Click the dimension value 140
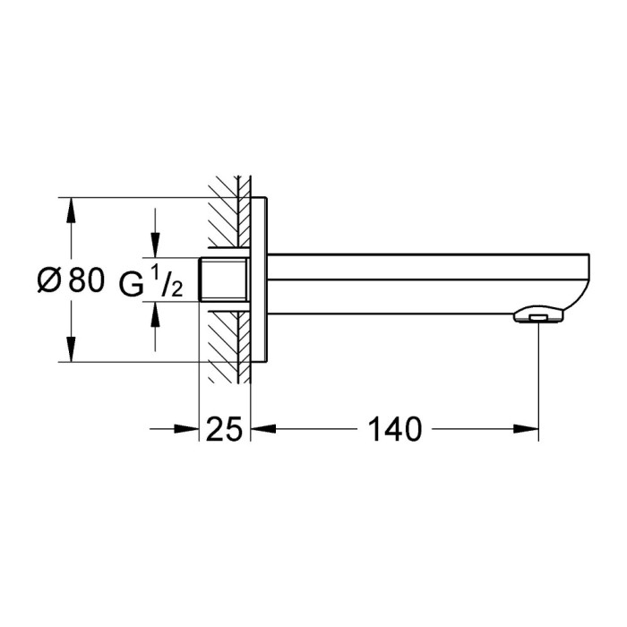coord(394,429)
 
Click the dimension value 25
coord(224,429)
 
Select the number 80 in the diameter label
coord(86,280)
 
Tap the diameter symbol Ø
coord(48,280)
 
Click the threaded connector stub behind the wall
coord(223,279)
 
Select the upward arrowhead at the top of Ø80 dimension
coord(71,210)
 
